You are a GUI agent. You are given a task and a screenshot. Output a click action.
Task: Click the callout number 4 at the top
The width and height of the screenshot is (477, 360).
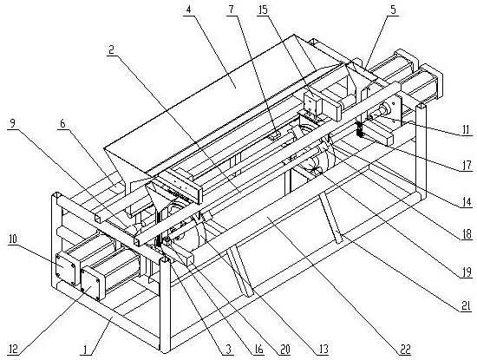(x=188, y=10)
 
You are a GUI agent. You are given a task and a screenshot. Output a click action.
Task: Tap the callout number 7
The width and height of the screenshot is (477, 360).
(x=232, y=10)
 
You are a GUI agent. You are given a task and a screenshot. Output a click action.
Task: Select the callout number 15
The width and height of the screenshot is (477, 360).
(x=263, y=10)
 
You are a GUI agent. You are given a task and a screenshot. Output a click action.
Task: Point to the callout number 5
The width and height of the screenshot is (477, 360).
(x=394, y=10)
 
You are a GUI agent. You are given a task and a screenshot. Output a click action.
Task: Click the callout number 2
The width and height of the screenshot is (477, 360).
(x=111, y=50)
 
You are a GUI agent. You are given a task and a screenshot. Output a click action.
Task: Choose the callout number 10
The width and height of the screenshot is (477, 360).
(x=12, y=239)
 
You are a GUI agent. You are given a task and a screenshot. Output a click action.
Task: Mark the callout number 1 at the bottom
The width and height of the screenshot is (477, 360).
(x=86, y=350)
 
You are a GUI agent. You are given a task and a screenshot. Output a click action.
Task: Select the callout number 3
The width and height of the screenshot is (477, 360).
(x=229, y=350)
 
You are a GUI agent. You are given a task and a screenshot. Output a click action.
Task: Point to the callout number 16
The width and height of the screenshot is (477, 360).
(x=258, y=350)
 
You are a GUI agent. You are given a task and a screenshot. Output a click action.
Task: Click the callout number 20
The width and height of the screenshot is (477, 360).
(x=284, y=350)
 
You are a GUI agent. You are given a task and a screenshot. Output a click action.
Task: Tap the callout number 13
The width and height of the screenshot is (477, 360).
(x=323, y=350)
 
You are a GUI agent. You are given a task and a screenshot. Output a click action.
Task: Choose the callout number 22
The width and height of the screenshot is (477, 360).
(x=406, y=350)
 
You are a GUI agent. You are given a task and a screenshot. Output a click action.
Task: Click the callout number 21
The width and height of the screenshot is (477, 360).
(x=466, y=307)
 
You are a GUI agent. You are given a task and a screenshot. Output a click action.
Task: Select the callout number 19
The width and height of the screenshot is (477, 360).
(x=466, y=272)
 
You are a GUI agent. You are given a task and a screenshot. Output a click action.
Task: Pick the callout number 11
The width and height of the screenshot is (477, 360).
(x=466, y=130)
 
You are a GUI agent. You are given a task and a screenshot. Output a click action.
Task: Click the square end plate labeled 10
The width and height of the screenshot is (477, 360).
(x=65, y=269)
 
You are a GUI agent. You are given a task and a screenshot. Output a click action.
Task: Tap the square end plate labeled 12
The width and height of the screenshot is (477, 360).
(x=91, y=283)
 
